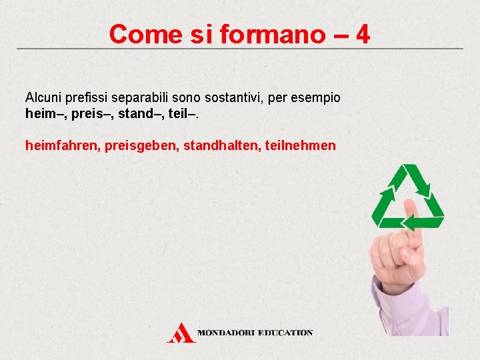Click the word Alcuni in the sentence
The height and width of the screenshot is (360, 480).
43,98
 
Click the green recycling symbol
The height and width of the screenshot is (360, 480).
407,197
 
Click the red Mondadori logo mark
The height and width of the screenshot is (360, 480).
181,332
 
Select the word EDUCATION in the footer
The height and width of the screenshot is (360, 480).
285,332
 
